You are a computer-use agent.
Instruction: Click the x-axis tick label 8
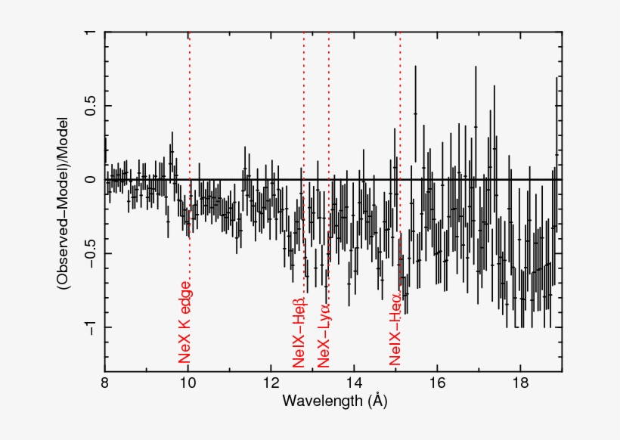tap(106, 383)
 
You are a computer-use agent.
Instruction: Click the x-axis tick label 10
tap(188, 383)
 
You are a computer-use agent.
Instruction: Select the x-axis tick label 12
tap(271, 383)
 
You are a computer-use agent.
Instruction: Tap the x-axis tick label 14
tap(354, 383)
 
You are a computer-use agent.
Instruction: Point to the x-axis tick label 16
tap(437, 383)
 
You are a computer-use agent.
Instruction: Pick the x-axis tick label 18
tap(519, 383)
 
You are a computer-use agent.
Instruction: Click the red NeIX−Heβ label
tap(299, 333)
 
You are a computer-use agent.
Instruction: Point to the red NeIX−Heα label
tap(395, 330)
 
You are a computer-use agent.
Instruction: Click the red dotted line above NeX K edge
tap(190, 151)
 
